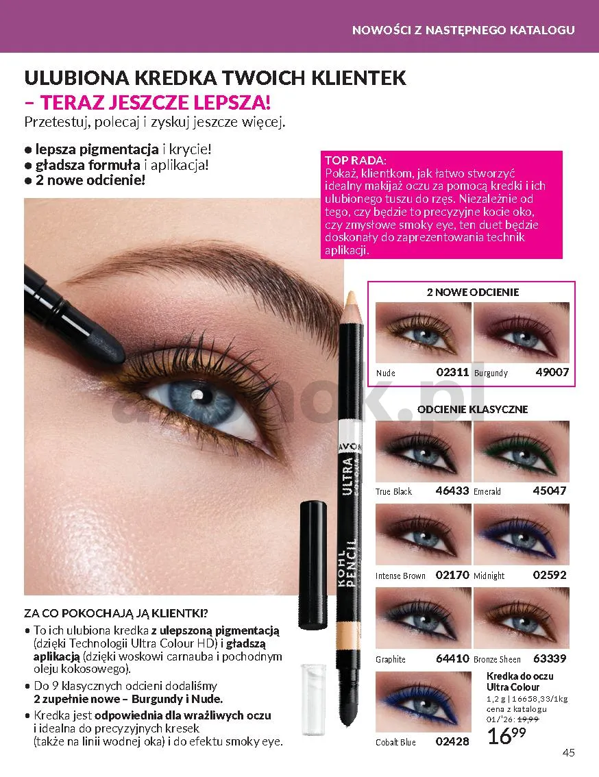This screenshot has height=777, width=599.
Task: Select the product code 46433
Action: (x=452, y=491)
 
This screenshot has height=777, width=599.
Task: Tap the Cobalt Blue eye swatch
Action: (x=423, y=702)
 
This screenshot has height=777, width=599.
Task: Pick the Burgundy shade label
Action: (x=491, y=373)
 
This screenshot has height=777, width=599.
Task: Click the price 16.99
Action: (x=506, y=736)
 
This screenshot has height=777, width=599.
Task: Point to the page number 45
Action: (x=569, y=753)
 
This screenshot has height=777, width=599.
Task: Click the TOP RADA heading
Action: (x=356, y=160)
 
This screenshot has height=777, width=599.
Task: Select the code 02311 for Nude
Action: (x=452, y=372)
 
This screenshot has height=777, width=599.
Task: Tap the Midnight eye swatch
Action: (x=521, y=534)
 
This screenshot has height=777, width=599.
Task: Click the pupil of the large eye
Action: (x=197, y=395)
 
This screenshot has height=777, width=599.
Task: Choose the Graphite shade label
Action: (x=391, y=660)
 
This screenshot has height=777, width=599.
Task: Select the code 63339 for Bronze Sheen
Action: (x=550, y=658)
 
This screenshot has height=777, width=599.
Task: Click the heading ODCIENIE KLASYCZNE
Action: (x=473, y=409)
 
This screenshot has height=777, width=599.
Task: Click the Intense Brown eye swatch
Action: (x=423, y=534)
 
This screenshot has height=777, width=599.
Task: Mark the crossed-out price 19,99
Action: (x=528, y=719)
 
